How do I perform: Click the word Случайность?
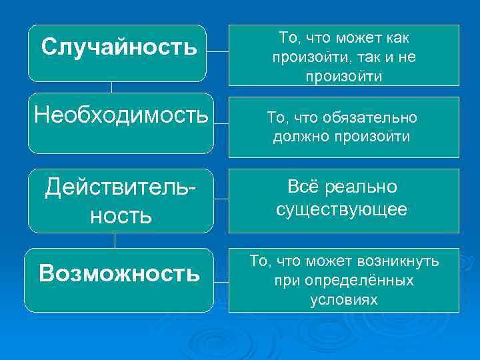(x=119, y=47)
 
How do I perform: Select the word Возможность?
(x=119, y=273)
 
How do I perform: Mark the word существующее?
(x=342, y=210)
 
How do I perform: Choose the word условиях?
(x=343, y=300)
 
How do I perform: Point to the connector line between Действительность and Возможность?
(x=115, y=240)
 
